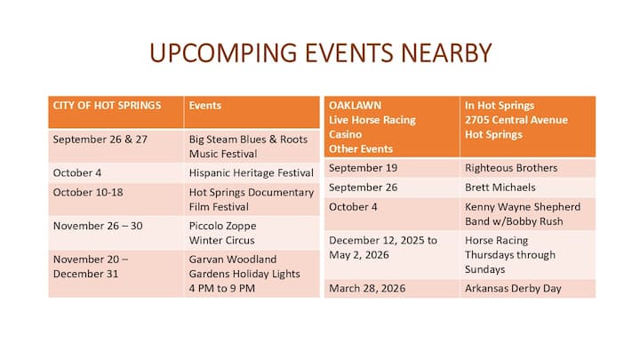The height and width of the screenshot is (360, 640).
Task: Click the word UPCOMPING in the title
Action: point(223,53)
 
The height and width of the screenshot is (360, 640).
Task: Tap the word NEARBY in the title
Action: point(446,53)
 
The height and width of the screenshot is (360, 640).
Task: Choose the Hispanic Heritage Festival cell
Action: point(251,172)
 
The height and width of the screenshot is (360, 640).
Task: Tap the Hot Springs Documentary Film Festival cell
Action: point(252,200)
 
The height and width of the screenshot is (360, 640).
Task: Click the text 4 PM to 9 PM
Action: point(221,288)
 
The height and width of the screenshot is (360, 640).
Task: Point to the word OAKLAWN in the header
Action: point(355,105)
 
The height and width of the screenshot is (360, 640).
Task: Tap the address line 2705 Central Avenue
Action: point(516,120)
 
